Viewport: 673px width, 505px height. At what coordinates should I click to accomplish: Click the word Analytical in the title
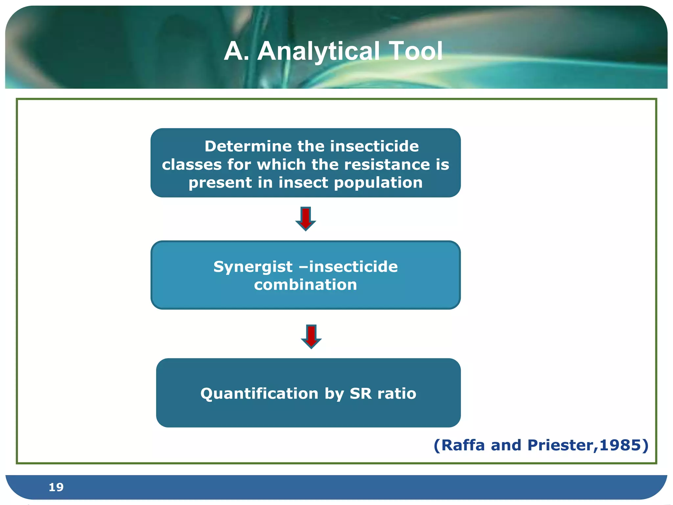[x=317, y=52]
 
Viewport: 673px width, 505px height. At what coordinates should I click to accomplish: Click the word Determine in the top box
[x=248, y=146]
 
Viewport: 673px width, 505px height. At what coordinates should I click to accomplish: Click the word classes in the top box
[x=192, y=164]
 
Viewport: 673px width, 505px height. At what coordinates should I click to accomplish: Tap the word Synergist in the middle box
[x=253, y=266]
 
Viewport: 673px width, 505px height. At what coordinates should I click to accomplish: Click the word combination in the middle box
[x=305, y=285]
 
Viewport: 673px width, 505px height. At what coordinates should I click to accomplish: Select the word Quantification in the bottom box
[x=259, y=394]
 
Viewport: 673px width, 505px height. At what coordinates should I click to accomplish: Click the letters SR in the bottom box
[x=361, y=394]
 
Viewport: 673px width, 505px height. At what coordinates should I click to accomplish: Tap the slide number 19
[x=56, y=487]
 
